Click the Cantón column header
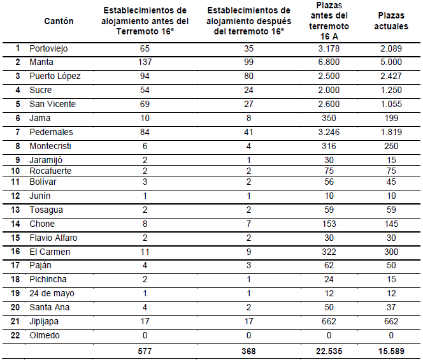pos(59,21)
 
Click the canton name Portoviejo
pos(48,48)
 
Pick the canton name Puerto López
pos(55,76)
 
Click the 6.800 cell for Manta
pos(329,62)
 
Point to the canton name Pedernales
pos(51,132)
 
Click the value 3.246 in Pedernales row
pos(329,132)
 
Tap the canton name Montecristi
pos(52,146)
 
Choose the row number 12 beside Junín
pos(17,196)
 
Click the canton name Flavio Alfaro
pos(54,238)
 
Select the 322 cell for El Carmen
pos(329,252)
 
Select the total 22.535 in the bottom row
pos(329,350)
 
